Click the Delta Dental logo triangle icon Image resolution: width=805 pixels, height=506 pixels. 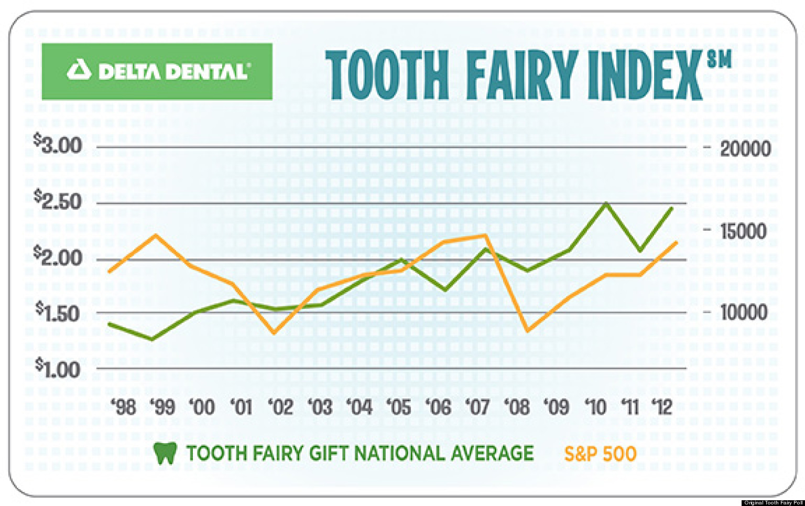[79, 70]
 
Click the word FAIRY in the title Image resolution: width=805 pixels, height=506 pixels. [519, 75]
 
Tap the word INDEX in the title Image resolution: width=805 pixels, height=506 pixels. [644, 75]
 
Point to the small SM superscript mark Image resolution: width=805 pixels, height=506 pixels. [719, 60]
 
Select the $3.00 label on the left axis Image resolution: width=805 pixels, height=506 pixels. [58, 144]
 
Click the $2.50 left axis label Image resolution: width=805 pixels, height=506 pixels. [58, 201]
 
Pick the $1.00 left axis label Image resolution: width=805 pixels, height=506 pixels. [58, 369]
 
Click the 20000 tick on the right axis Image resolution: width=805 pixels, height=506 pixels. [745, 149]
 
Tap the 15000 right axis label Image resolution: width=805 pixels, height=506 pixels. [743, 231]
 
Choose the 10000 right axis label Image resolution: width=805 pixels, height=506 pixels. [743, 313]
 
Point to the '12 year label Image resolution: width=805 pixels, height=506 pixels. [661, 407]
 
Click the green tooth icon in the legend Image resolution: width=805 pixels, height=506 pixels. [165, 453]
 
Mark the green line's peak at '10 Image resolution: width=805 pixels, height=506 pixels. [606, 203]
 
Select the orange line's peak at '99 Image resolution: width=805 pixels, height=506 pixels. [155, 235]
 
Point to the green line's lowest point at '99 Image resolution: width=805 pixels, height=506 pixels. [152, 339]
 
